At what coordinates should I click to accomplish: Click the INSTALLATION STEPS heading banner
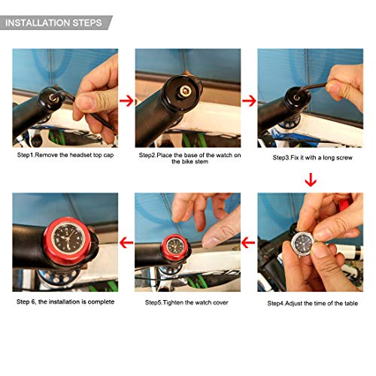[x=54, y=22]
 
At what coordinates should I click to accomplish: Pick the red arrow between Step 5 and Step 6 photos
[x=126, y=243]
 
